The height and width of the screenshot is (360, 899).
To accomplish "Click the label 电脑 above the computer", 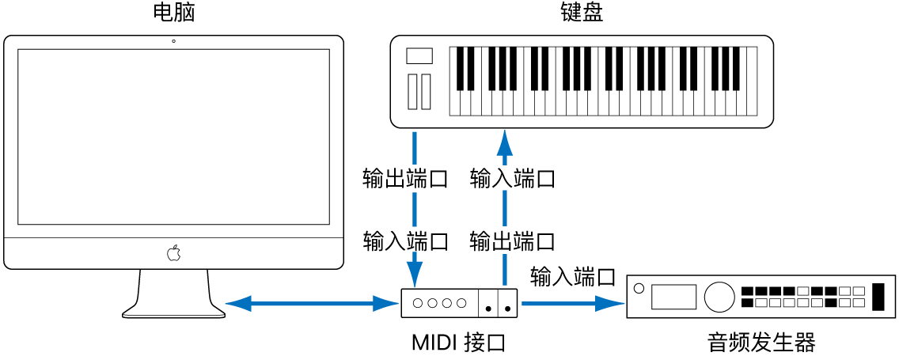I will click(x=173, y=13).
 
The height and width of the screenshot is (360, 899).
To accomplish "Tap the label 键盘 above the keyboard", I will click(x=581, y=13).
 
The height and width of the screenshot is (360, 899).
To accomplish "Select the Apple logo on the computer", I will click(x=173, y=253).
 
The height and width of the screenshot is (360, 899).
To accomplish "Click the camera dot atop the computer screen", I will click(x=173, y=40).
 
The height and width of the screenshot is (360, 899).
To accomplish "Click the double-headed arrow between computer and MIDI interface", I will click(x=310, y=302).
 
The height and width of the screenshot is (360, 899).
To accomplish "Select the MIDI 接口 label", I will click(x=458, y=343).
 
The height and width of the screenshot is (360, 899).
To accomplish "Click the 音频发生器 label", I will click(x=761, y=343).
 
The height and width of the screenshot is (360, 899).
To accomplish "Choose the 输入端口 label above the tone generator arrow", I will click(x=573, y=277).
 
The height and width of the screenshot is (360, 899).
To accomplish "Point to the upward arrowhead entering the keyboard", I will click(x=502, y=142).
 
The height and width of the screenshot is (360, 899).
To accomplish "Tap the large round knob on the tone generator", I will click(x=719, y=296).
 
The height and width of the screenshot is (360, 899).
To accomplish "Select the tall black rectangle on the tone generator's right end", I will click(x=878, y=296).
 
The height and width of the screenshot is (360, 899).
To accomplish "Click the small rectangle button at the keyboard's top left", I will click(x=419, y=55).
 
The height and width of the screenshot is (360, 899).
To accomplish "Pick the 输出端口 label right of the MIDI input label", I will click(x=512, y=241).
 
